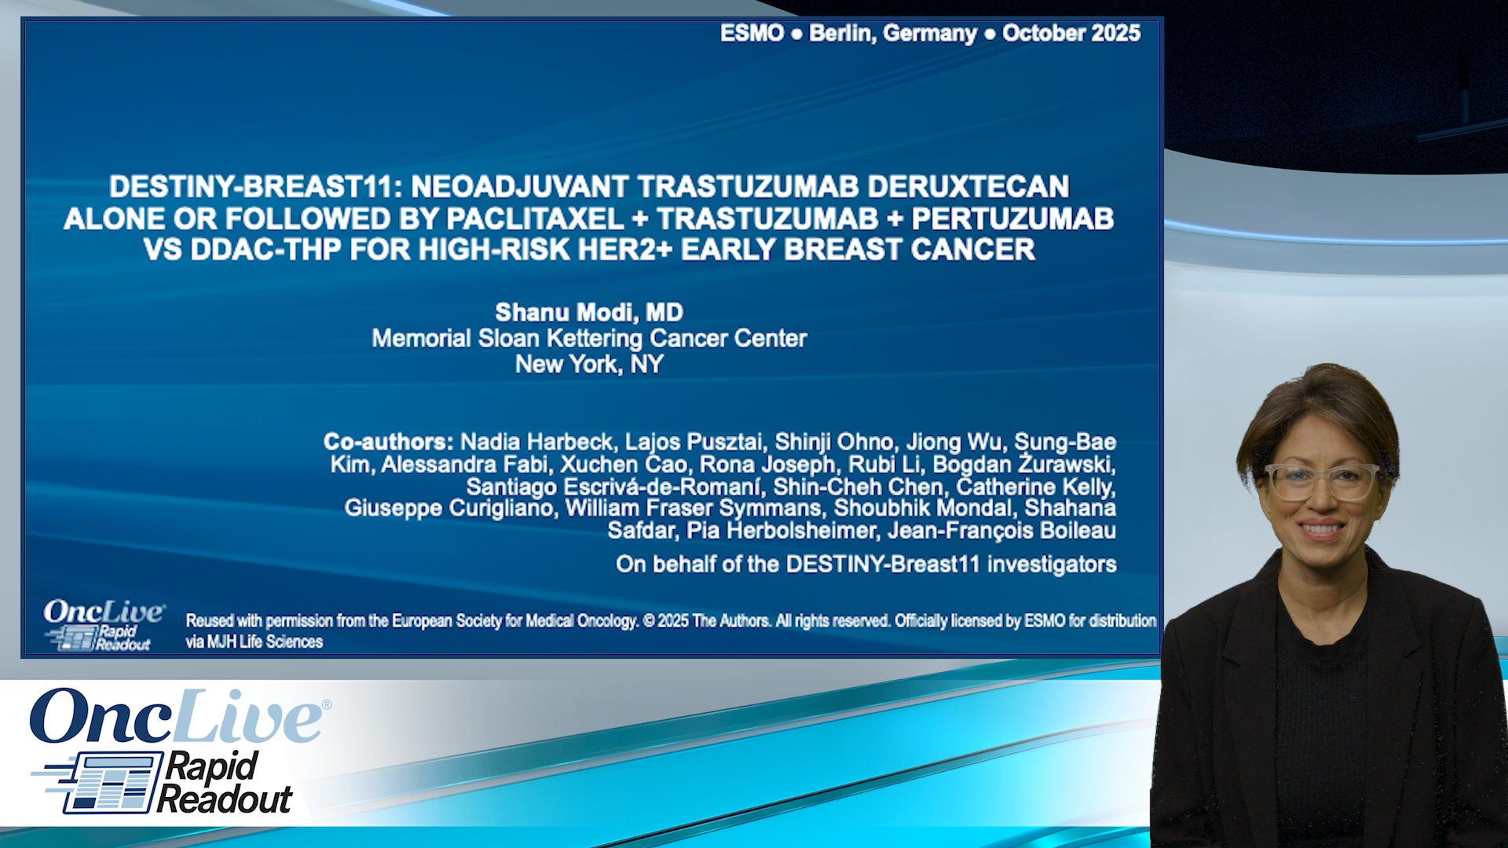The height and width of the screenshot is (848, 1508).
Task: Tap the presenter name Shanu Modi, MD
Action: tap(589, 313)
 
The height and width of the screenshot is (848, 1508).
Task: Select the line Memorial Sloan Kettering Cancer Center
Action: tap(589, 338)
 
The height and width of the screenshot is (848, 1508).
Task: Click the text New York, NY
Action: tap(589, 364)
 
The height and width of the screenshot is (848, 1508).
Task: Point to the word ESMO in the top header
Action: tap(752, 33)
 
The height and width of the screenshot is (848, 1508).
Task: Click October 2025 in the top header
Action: tap(1071, 33)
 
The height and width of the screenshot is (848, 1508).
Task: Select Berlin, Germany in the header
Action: tap(893, 33)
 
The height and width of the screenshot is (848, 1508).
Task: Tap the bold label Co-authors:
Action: tap(388, 442)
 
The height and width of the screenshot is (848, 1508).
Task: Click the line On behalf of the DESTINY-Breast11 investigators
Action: tap(866, 564)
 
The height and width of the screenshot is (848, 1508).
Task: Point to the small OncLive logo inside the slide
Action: tap(104, 612)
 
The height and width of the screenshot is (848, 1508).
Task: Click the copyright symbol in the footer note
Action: tap(649, 621)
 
